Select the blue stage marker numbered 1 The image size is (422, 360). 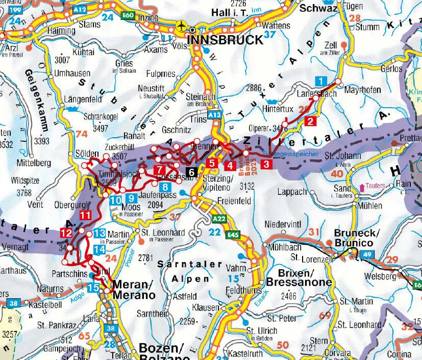(x=320, y=81)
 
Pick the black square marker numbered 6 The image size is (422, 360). (x=192, y=172)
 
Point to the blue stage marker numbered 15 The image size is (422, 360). (x=93, y=288)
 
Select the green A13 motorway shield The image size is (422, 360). (x=215, y=116)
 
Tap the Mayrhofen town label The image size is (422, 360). (x=363, y=90)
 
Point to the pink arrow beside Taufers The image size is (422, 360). (x=362, y=187)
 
